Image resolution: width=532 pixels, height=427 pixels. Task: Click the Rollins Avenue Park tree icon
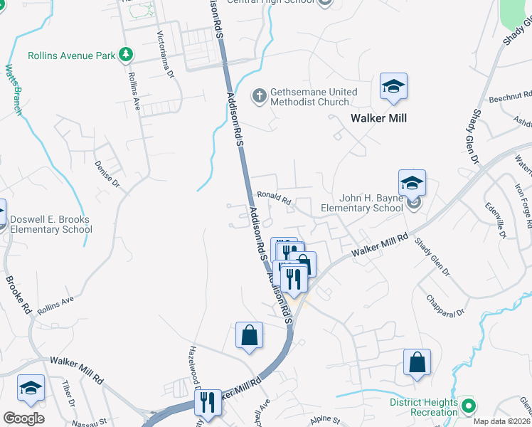(x=126, y=54)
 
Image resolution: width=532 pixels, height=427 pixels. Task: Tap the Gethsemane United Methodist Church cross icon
(x=260, y=94)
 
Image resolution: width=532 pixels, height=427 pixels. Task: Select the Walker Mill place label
(x=379, y=118)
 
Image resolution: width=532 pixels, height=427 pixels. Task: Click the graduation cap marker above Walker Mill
(x=393, y=87)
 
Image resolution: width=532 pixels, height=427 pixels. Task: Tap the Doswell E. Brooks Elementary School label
(x=50, y=223)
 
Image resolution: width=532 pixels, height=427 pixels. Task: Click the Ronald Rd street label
(x=275, y=198)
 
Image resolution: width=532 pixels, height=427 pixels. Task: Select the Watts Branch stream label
(x=12, y=89)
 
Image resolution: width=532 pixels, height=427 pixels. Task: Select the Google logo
(x=23, y=418)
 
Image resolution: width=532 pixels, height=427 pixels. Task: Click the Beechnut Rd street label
(x=510, y=97)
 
